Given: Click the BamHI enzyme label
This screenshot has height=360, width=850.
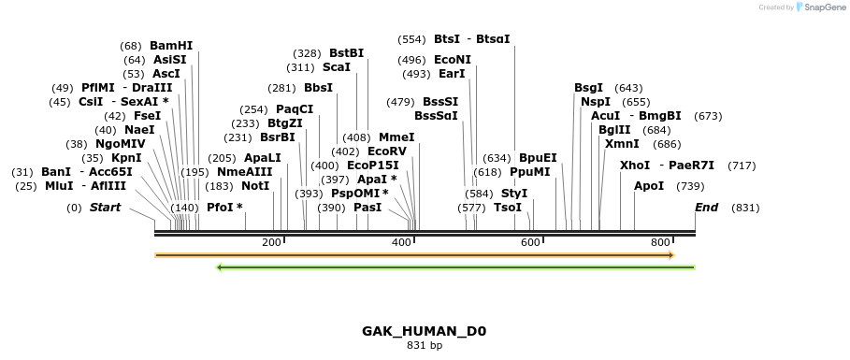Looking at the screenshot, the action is [x=170, y=45].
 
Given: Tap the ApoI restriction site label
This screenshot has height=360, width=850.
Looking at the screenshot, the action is [x=649, y=186].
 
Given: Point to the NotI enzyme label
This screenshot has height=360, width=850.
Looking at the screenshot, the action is [x=255, y=186].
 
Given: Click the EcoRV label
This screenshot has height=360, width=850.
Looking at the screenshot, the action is [x=387, y=151].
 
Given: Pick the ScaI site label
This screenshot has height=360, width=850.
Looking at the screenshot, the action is [x=337, y=67].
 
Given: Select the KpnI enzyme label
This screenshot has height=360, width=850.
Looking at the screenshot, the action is [x=126, y=158].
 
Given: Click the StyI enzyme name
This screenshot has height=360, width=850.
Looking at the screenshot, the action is [x=514, y=194].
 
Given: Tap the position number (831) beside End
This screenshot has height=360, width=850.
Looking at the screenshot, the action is [x=745, y=208].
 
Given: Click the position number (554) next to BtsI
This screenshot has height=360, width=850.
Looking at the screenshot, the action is [x=411, y=39].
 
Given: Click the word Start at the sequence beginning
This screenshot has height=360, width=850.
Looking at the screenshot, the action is [x=105, y=208].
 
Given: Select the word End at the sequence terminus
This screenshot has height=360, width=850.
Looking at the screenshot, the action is [x=706, y=208].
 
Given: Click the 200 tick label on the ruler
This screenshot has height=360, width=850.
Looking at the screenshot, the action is [x=272, y=243].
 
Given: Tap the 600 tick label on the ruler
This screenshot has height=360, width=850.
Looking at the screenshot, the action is [x=530, y=243].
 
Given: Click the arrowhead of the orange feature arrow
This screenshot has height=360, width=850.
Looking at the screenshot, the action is [x=670, y=254].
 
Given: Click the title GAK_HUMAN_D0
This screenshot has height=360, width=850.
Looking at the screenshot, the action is [x=424, y=331].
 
